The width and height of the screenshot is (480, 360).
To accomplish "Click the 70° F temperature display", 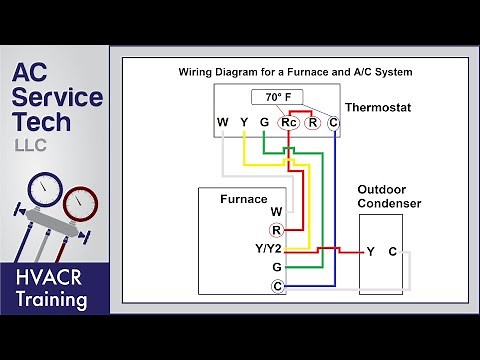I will (x=277, y=98).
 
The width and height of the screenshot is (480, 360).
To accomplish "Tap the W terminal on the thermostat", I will (x=222, y=123).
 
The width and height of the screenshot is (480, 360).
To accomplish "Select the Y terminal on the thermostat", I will (x=243, y=123).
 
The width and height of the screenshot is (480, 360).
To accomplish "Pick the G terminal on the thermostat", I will (x=264, y=123).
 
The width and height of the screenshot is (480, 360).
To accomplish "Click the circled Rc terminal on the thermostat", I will (x=288, y=123).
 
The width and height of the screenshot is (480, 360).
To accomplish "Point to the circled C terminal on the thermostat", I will (x=333, y=123).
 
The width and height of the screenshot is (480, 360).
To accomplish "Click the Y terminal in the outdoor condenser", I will (x=370, y=251).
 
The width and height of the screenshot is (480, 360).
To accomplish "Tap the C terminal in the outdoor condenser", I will (x=392, y=251).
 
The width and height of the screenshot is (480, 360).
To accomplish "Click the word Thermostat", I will (x=378, y=106).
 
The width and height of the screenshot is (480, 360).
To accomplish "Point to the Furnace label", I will (x=243, y=199).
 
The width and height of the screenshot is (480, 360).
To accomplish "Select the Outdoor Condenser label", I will (x=389, y=196).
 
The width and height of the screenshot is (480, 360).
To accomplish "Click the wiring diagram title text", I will (x=295, y=73).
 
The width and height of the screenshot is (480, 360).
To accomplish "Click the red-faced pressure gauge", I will (x=80, y=202).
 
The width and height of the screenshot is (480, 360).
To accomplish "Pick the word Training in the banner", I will (x=55, y=299).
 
